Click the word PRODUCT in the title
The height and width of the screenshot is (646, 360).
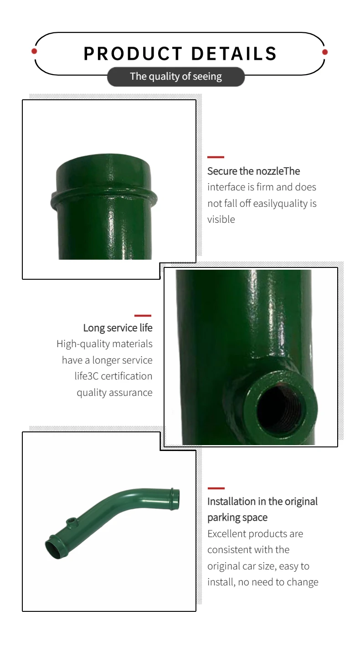pos(133,53)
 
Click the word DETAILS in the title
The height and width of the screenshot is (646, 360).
pos(234,53)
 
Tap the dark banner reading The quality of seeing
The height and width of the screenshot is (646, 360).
pos(176,77)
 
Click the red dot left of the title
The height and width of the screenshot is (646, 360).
pos(34,51)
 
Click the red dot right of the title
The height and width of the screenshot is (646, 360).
pos(325,52)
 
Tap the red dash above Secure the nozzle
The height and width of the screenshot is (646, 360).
pos(216,157)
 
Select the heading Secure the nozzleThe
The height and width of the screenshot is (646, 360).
pos(253,171)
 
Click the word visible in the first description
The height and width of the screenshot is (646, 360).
pos(221,220)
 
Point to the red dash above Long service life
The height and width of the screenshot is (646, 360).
pos(143,316)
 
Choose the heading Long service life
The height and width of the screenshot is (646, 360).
pos(118,328)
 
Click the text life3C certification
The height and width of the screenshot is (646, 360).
pos(113,376)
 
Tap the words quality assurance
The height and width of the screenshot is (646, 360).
pos(114,393)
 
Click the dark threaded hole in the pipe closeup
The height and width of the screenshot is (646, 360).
pos(278,410)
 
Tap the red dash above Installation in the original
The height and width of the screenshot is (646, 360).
pos(216,488)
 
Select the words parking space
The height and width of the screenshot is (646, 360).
pos(237,518)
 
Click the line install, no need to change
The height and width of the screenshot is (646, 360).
pos(263,582)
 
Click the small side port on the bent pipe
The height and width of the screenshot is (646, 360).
pos(71,522)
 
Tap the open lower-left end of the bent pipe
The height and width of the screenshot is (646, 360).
pos(54,548)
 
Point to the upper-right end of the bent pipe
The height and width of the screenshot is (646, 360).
pos(175,499)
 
